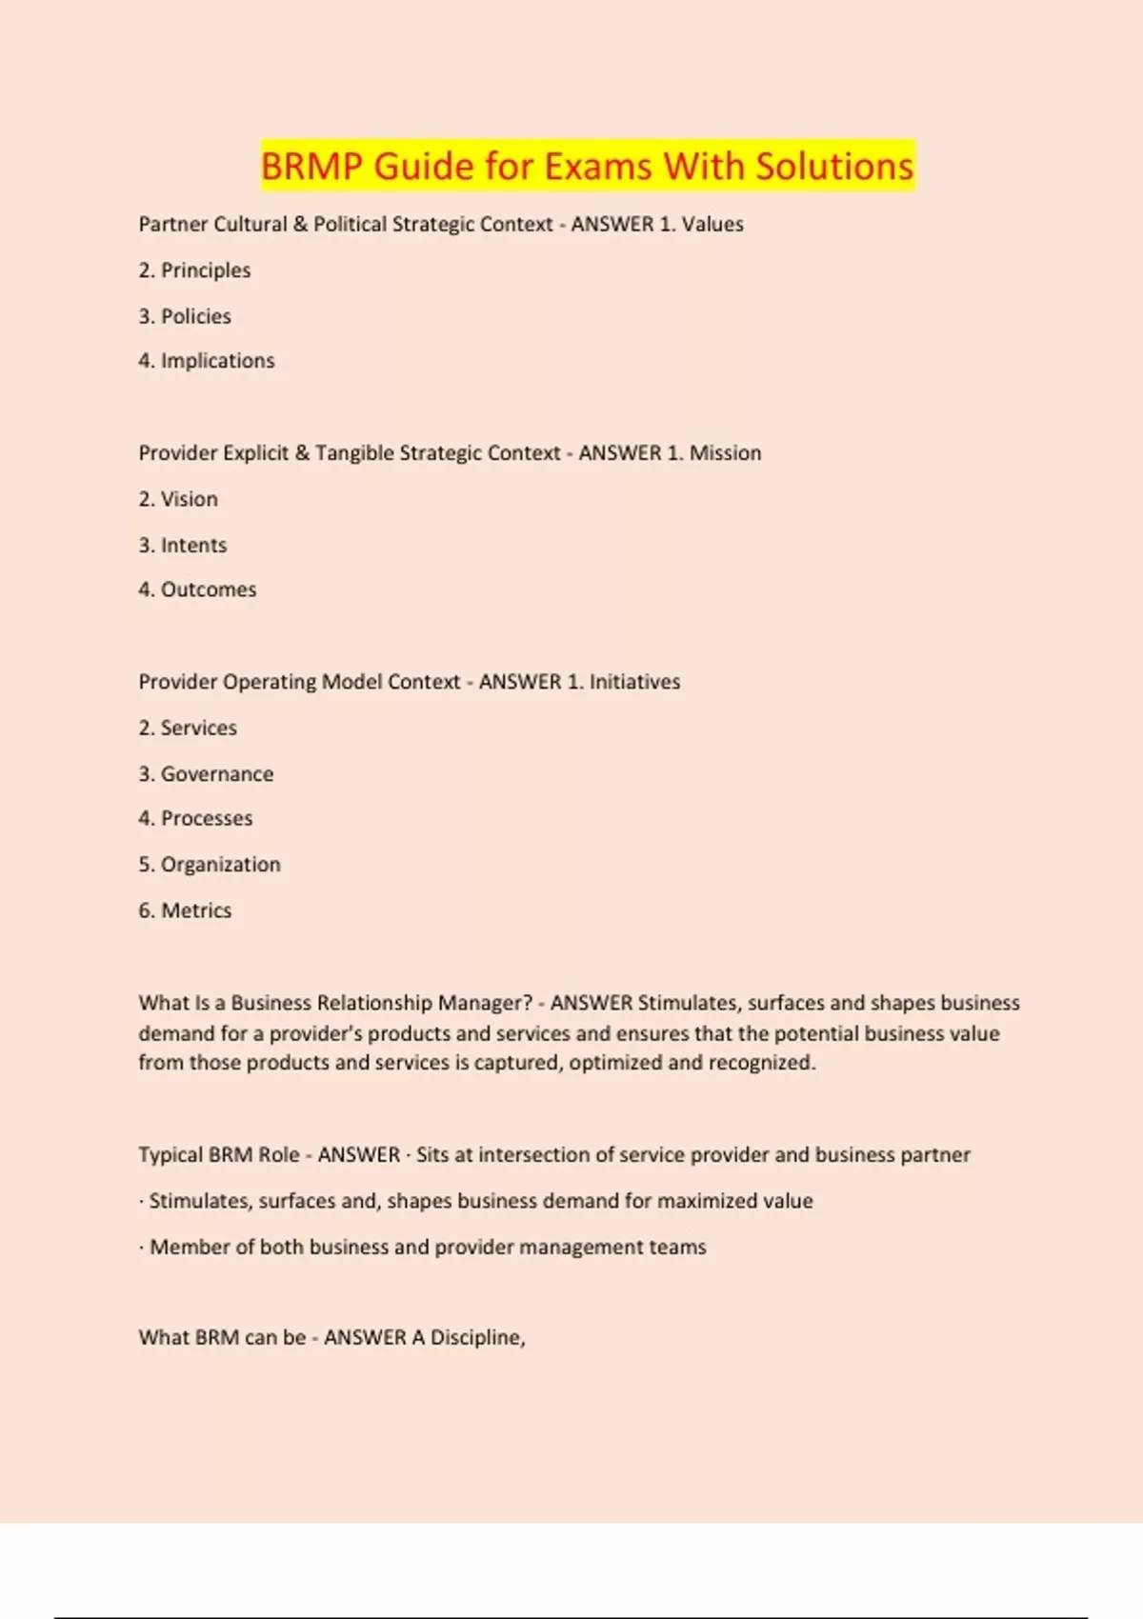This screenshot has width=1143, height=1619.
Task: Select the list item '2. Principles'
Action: tap(194, 270)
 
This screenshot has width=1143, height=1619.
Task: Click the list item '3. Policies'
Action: tap(185, 316)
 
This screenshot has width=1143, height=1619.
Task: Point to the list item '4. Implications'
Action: tap(207, 361)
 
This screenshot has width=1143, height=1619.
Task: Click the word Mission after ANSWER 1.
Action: tap(725, 453)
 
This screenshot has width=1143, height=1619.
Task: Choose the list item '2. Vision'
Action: tap(178, 499)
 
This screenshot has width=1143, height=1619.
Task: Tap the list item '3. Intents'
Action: tap(183, 546)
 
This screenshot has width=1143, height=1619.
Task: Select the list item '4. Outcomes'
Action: tap(197, 590)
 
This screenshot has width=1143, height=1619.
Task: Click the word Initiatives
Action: tap(634, 682)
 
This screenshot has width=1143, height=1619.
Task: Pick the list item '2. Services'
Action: tap(188, 729)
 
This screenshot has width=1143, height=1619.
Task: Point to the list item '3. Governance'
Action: tap(206, 774)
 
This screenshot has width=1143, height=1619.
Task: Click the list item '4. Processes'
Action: tap(195, 819)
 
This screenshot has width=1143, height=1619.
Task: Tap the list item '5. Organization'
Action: tap(210, 865)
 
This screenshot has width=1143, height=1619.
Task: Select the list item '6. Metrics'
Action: tap(185, 910)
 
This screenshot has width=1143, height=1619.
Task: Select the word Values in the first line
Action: tap(712, 225)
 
